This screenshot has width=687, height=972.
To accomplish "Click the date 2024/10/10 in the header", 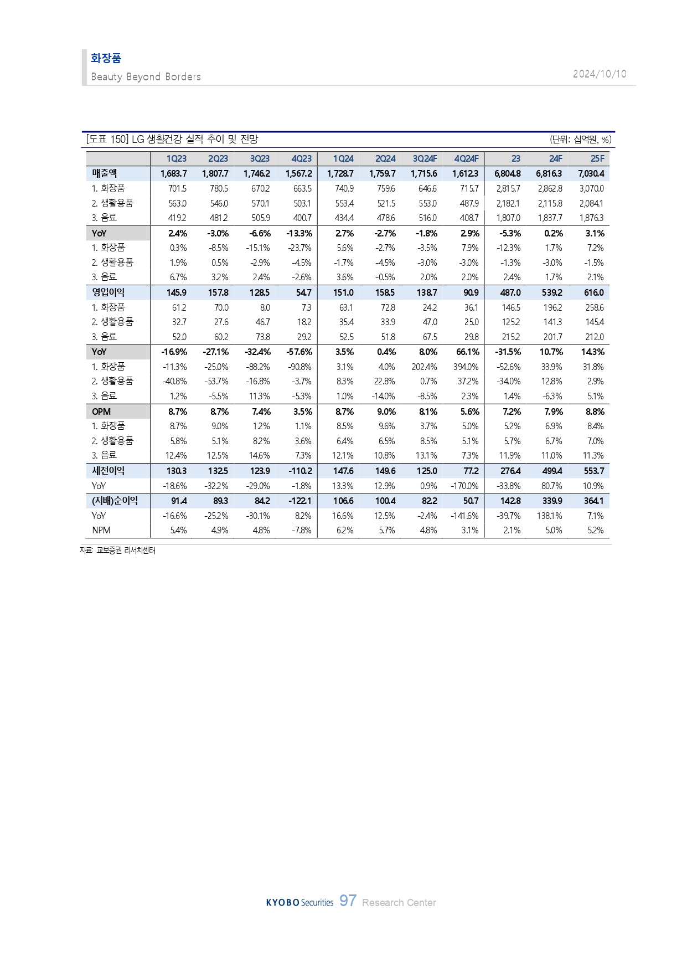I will click(x=600, y=74).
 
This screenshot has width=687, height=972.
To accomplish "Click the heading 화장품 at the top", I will click(x=106, y=58).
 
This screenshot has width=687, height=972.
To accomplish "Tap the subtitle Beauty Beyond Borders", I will click(x=146, y=77).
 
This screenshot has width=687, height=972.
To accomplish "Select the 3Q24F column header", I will click(x=425, y=159).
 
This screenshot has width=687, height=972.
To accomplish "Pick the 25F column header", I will click(x=597, y=159).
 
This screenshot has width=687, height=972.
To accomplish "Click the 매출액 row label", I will click(x=104, y=173).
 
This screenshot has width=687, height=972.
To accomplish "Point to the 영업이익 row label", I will click(x=108, y=292).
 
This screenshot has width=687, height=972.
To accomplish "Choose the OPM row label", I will click(x=101, y=412).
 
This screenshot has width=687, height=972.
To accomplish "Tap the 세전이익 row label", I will click(x=108, y=471).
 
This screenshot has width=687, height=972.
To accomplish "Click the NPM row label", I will click(x=101, y=530).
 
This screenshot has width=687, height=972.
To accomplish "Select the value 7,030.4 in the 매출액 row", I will click(x=591, y=173).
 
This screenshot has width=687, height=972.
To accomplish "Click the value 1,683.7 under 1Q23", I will click(x=173, y=173).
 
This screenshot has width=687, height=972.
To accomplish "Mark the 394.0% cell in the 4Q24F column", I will click(x=466, y=367).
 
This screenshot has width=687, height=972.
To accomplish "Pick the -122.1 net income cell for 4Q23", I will click(x=299, y=501).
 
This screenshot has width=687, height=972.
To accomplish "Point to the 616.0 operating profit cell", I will click(x=594, y=292).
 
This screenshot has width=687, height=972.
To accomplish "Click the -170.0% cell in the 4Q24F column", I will click(x=464, y=486).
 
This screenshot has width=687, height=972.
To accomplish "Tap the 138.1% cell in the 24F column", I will click(x=549, y=516).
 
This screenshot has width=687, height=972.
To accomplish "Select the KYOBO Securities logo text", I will click(x=299, y=902).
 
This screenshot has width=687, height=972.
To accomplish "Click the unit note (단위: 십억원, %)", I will click(x=580, y=140).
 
